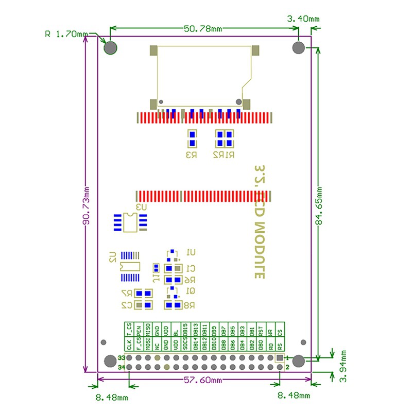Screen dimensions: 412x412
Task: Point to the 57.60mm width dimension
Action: (x=205, y=381)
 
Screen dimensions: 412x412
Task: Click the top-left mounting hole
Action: (x=111, y=48)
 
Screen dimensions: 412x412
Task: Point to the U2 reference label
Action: (x=112, y=257)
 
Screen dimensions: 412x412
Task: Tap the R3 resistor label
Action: (x=192, y=154)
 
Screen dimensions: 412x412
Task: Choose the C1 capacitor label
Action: (x=191, y=268)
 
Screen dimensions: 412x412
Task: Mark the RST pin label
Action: (x=261, y=329)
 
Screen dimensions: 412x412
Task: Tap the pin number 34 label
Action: (x=122, y=367)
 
